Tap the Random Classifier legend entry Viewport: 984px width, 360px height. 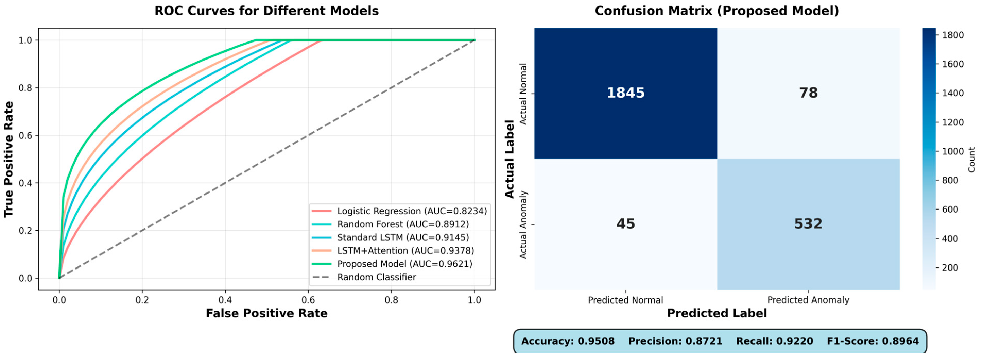point(376,277)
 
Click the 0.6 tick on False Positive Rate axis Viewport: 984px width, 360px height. point(308,300)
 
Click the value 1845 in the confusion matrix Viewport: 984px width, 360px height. point(625,93)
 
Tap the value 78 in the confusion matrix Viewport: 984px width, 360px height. point(808,93)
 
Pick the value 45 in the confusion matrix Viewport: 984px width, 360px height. point(625,224)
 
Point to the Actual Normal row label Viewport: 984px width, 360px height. point(523,94)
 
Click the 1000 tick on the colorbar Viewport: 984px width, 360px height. point(953,151)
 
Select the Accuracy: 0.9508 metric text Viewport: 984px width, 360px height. point(568,341)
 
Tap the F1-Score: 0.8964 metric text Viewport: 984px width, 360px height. point(873,341)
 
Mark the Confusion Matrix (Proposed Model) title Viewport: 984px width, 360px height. point(717,11)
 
